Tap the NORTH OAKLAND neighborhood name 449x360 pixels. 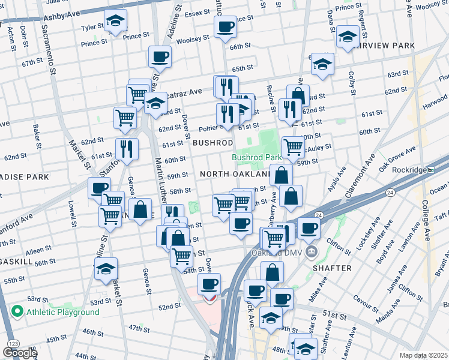(x=235, y=173)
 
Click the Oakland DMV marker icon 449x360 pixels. (x=311, y=250)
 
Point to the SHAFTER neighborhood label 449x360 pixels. (x=332, y=268)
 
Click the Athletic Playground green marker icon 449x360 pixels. (x=17, y=312)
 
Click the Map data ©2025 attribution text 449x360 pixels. (x=424, y=355)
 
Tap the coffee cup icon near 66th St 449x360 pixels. (x=226, y=26)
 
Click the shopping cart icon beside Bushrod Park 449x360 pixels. (x=292, y=146)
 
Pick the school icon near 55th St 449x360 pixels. (x=106, y=268)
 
